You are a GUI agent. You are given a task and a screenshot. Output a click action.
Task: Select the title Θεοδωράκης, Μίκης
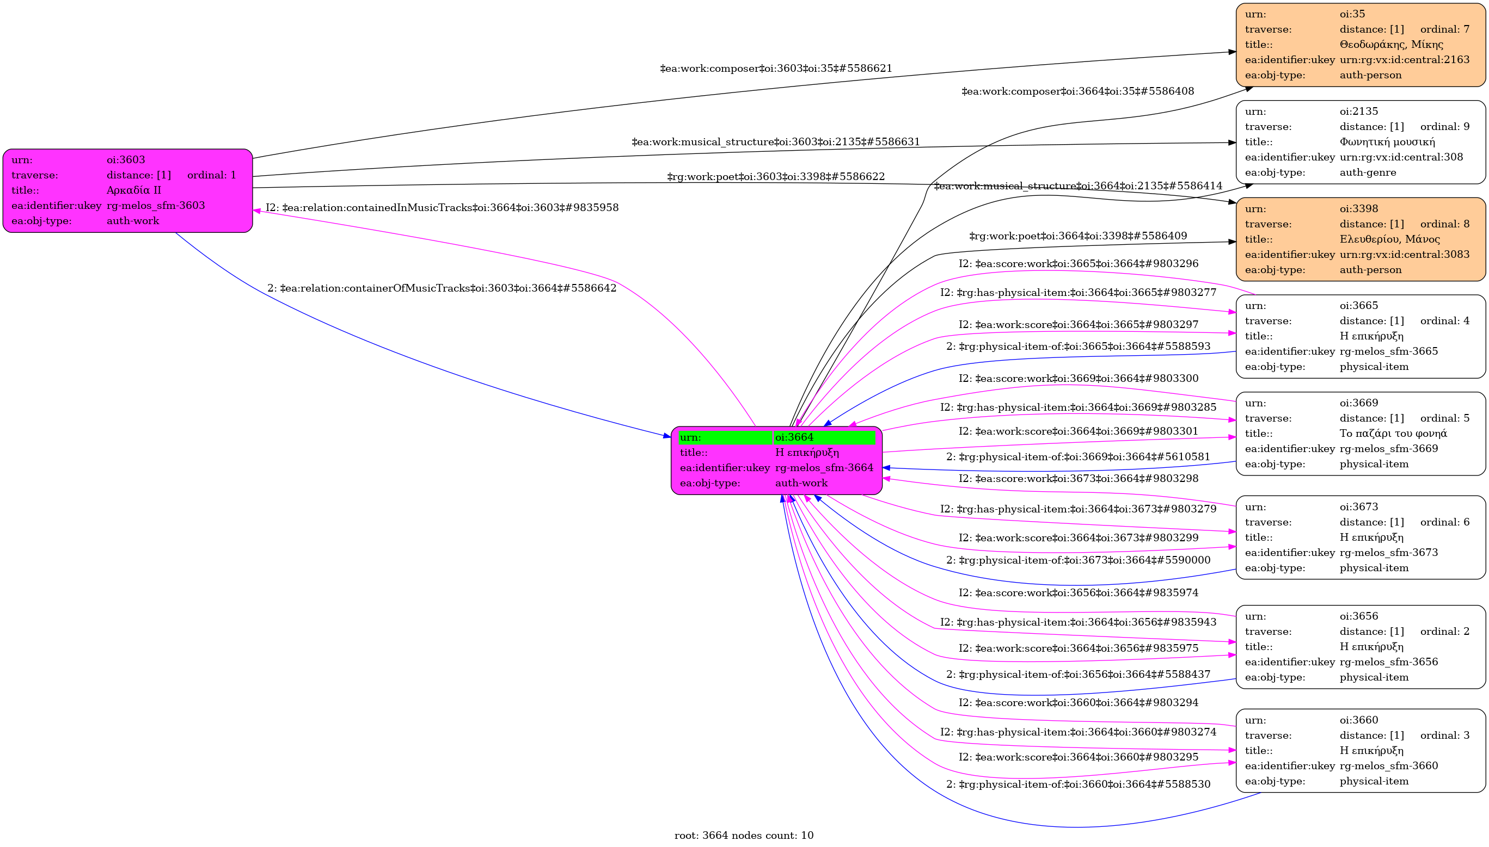click(x=1391, y=44)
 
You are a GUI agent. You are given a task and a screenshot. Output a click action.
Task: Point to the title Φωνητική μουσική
click(x=1387, y=142)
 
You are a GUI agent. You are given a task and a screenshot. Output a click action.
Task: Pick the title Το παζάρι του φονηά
click(x=1393, y=434)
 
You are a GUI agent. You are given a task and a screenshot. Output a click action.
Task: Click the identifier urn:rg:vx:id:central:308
click(x=1401, y=157)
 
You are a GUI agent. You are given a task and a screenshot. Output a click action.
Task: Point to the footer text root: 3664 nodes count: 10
click(x=743, y=836)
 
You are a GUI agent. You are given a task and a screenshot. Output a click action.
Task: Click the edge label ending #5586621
click(x=775, y=69)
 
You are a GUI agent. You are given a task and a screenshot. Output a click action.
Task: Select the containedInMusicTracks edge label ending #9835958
click(x=442, y=208)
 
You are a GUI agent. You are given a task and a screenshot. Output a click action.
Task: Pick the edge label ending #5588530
click(x=1078, y=785)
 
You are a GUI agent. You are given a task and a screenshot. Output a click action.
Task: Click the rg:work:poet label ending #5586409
click(x=1077, y=236)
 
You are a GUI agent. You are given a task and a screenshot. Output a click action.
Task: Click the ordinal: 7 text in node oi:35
click(x=1445, y=29)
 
